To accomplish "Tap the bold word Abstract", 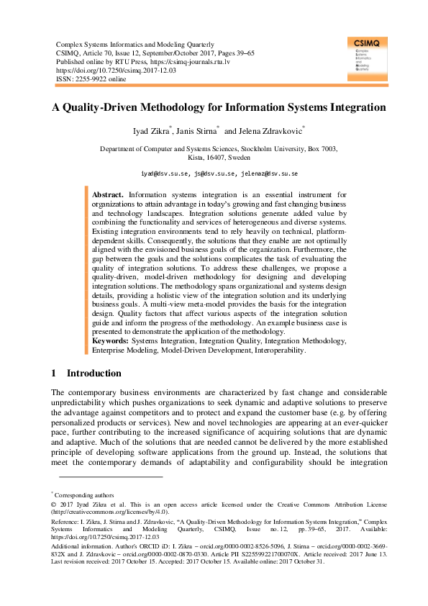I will [x=108, y=195].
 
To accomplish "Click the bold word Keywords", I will [x=111, y=342].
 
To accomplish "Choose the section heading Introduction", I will [x=94, y=374].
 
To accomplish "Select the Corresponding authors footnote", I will [x=84, y=495].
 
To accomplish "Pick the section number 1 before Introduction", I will [x=54, y=374].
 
